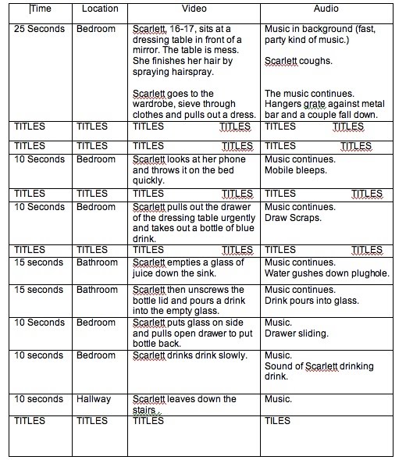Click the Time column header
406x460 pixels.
42,9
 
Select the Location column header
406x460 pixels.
99,9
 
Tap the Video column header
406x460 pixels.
194,9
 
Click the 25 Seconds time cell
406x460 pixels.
40,28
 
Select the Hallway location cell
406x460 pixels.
94,400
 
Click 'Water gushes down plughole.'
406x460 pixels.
326,273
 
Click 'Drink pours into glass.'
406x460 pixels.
312,301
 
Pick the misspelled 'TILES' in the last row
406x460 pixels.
277,421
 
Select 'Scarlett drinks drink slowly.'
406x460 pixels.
190,356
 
